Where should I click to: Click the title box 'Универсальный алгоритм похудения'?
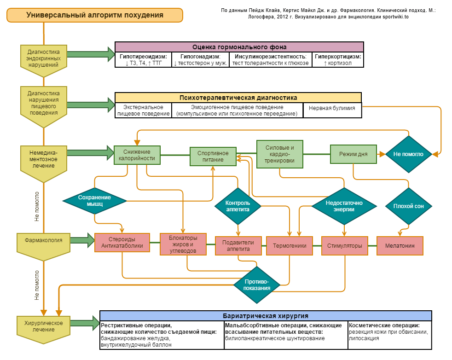click(x=94, y=15)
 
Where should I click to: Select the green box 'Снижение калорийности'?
click(x=137, y=155)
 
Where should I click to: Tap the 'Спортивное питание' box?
click(x=213, y=157)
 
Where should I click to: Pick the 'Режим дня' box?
click(x=353, y=154)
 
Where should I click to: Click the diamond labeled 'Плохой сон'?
click(x=409, y=206)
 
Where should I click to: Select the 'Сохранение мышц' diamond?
click(x=94, y=200)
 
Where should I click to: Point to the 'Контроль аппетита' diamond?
click(x=238, y=205)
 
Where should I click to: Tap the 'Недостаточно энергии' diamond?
click(x=344, y=206)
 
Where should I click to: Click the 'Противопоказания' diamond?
click(x=257, y=285)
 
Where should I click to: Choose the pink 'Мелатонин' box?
click(x=400, y=246)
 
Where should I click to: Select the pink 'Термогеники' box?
click(x=290, y=246)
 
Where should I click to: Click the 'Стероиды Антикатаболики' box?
click(x=122, y=243)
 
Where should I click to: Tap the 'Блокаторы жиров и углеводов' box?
click(x=183, y=244)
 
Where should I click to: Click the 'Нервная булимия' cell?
click(x=332, y=109)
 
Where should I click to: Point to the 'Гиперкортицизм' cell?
click(x=338, y=60)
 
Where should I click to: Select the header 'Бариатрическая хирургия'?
click(x=266, y=316)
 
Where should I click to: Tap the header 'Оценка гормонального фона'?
click(x=239, y=47)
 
